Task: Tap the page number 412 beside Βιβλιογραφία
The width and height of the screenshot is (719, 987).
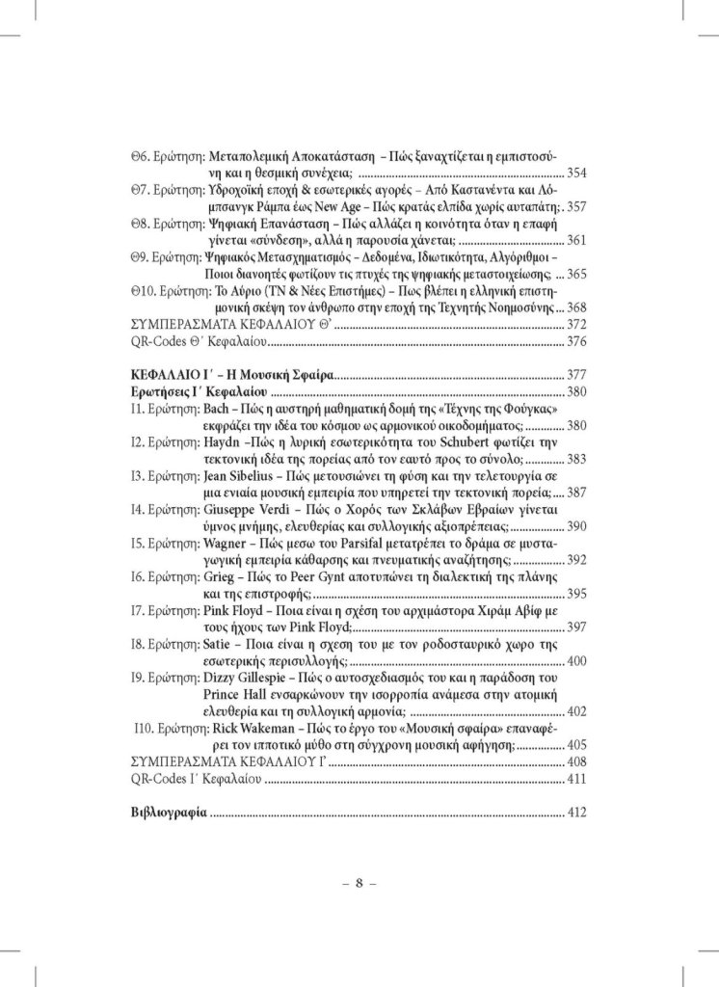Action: (576, 813)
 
